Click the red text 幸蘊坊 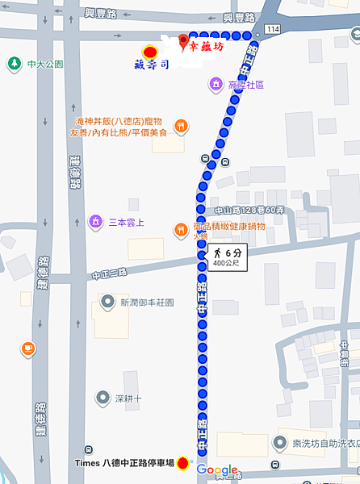pyautogui.click(x=207, y=46)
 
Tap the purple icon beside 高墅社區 pyautogui.click(x=215, y=84)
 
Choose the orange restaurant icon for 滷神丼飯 pyautogui.click(x=182, y=126)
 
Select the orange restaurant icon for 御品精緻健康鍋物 pyautogui.click(x=181, y=230)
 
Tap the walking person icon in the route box pyautogui.click(x=217, y=252)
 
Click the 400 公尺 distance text pyautogui.click(x=225, y=264)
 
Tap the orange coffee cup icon pyautogui.click(x=28, y=348)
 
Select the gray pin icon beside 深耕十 pyautogui.click(x=103, y=398)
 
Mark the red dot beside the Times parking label pyautogui.click(x=183, y=463)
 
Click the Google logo pyautogui.click(x=217, y=469)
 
